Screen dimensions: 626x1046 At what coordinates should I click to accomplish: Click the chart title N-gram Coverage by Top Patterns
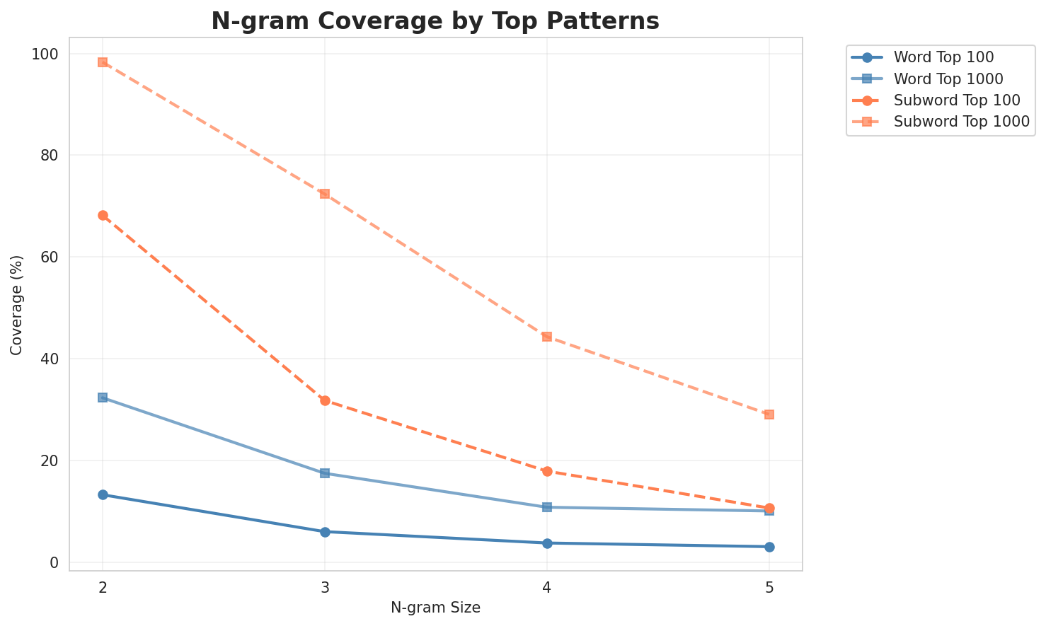(x=435, y=21)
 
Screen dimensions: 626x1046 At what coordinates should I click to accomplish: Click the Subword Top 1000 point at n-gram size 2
(x=103, y=62)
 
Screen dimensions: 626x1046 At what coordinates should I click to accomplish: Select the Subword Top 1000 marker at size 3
(x=325, y=194)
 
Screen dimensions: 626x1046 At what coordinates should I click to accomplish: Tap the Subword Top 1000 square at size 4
(x=547, y=337)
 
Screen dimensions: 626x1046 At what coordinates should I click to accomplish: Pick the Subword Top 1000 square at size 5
(x=769, y=415)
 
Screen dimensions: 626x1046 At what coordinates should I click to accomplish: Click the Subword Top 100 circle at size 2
(x=103, y=216)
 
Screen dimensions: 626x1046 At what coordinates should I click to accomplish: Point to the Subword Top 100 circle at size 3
(x=325, y=401)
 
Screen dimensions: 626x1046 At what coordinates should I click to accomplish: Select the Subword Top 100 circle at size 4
(x=547, y=471)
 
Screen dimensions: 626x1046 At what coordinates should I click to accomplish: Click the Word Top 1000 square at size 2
(x=103, y=398)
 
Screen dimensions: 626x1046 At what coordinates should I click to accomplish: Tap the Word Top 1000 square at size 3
(x=325, y=473)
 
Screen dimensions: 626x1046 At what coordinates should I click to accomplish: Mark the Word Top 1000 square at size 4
(x=547, y=507)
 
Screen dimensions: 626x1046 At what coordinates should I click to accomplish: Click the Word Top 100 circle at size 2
(x=103, y=494)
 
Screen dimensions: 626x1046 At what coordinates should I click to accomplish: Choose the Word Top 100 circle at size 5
(x=769, y=547)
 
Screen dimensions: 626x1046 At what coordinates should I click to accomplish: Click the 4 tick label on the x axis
(x=547, y=587)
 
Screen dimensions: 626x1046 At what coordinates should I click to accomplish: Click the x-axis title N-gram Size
(x=435, y=608)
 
